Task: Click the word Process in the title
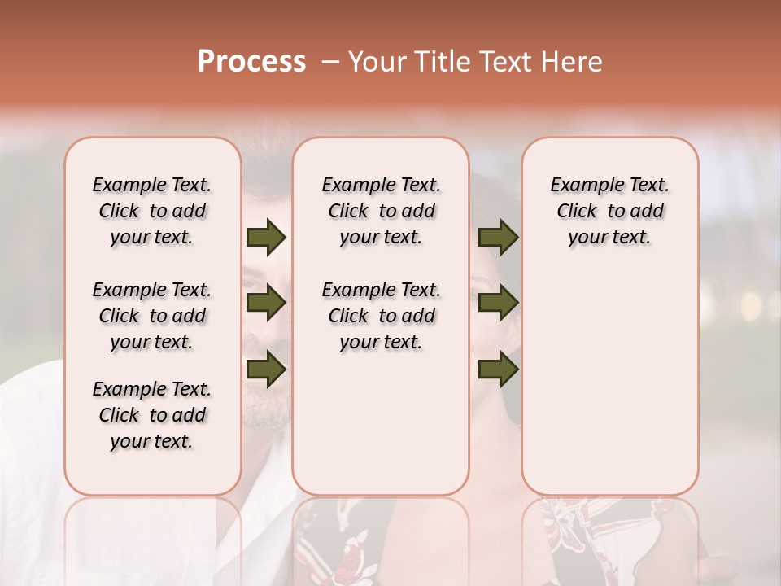[251, 62]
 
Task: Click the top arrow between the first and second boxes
[266, 238]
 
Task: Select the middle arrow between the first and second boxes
[266, 304]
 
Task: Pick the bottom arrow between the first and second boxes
[266, 370]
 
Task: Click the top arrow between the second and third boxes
[498, 238]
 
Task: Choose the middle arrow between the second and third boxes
[498, 304]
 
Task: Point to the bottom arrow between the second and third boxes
[498, 370]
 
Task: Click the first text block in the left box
[152, 211]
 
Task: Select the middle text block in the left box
[152, 316]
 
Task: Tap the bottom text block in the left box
[152, 415]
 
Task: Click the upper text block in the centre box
[381, 211]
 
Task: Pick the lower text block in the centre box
[381, 316]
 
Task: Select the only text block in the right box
[610, 211]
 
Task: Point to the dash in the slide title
[330, 62]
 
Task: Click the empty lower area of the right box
[610, 383]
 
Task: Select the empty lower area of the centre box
[381, 423]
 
